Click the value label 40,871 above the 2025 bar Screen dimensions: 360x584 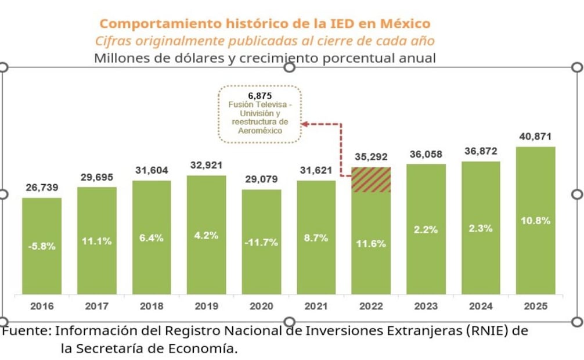[x=535, y=137]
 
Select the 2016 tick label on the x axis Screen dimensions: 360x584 [x=42, y=306]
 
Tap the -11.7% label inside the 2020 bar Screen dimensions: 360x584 [x=261, y=243]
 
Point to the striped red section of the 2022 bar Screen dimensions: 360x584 [x=371, y=180]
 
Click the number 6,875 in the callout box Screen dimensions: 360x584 [x=259, y=96]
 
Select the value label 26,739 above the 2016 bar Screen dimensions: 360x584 [x=42, y=188]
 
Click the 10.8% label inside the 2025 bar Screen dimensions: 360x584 [x=535, y=221]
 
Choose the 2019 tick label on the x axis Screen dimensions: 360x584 [x=206, y=306]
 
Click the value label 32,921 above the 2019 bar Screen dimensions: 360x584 [x=206, y=165]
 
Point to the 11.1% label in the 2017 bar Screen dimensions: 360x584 [x=96, y=242]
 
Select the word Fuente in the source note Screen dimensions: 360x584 [x=27, y=331]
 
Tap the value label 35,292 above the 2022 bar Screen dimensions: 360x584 [x=371, y=157]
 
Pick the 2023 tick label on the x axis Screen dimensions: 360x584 [x=426, y=306]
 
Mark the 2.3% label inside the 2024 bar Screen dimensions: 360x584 [x=481, y=229]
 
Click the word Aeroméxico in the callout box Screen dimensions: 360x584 [x=260, y=131]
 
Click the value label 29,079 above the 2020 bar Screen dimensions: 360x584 [x=261, y=180]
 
